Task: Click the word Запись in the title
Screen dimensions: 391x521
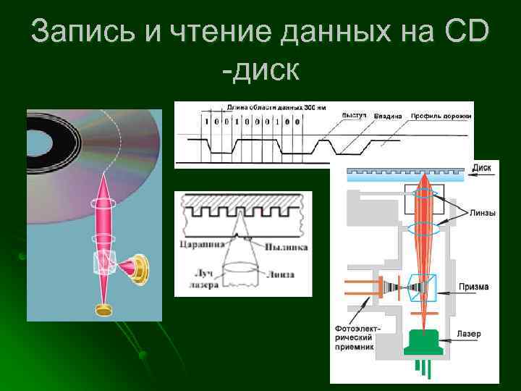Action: [x=80, y=33]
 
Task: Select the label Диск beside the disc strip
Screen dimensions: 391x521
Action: [x=482, y=167]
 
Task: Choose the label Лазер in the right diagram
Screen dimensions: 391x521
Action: [x=470, y=335]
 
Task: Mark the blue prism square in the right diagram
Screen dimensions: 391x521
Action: [x=422, y=287]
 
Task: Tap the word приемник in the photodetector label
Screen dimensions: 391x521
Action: [x=355, y=347]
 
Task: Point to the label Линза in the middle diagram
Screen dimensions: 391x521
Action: [x=279, y=274]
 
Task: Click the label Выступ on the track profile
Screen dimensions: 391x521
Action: [x=355, y=114]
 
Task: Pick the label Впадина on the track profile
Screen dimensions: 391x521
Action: [x=388, y=116]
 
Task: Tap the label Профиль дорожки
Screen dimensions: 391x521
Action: [x=441, y=116]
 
